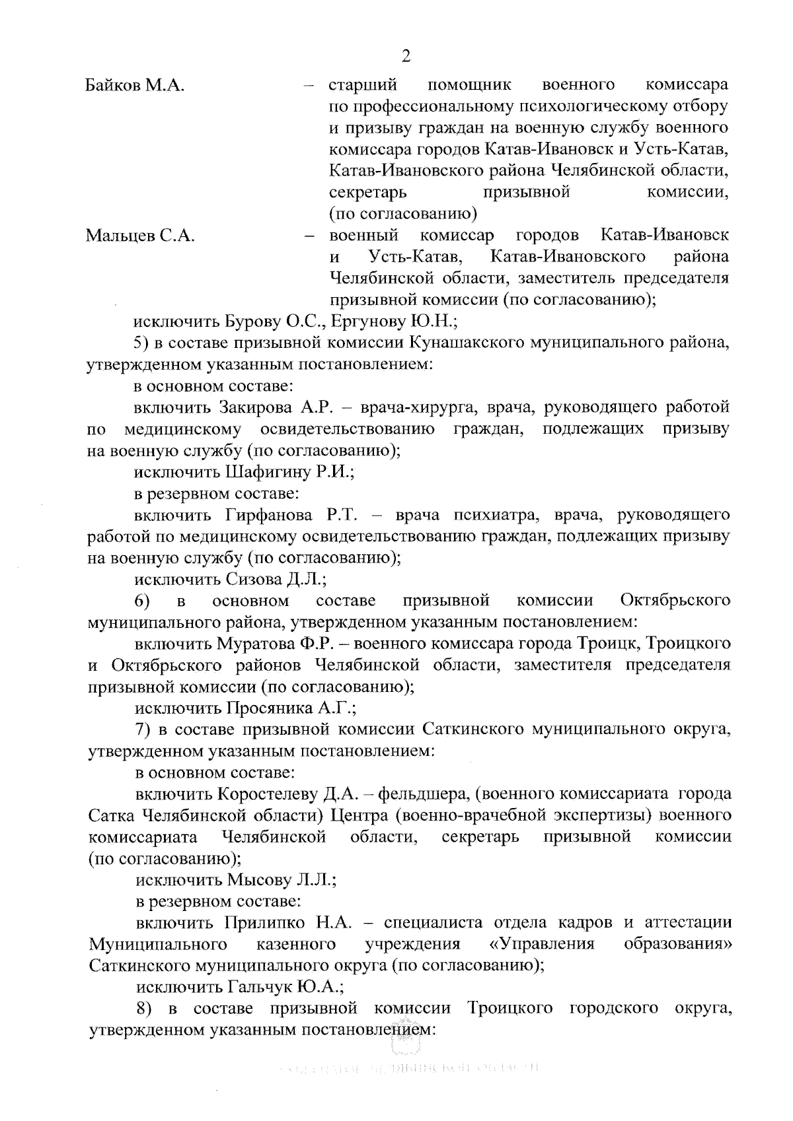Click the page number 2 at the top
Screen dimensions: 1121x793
point(406,55)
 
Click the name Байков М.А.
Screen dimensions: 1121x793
point(135,85)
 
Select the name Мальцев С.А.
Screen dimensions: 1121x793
point(140,236)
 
